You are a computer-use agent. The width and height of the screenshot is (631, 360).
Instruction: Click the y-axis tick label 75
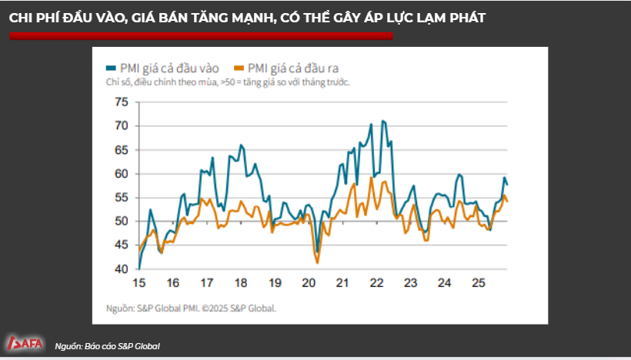(122, 102)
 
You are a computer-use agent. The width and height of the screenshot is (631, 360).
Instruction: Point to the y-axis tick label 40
(122, 269)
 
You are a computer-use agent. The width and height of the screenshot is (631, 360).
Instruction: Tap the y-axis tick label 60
(122, 174)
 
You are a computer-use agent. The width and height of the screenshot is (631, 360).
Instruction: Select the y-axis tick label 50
(122, 222)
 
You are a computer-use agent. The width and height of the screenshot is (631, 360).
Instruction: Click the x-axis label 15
(139, 282)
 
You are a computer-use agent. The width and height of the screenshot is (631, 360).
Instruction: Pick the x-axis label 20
(309, 282)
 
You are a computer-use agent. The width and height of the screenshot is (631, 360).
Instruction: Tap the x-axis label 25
(478, 282)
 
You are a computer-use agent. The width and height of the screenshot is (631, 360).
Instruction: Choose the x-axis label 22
(376, 282)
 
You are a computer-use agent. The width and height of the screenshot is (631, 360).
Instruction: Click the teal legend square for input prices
(111, 68)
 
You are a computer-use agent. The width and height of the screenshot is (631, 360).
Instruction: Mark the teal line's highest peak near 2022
(383, 121)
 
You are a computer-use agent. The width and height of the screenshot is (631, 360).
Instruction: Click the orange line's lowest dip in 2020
(317, 263)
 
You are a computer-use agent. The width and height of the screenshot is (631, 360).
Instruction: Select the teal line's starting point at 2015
(139, 268)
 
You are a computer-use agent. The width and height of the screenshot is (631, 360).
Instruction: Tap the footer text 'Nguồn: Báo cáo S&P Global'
(108, 346)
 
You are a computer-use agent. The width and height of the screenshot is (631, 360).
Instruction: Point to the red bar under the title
(200, 35)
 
